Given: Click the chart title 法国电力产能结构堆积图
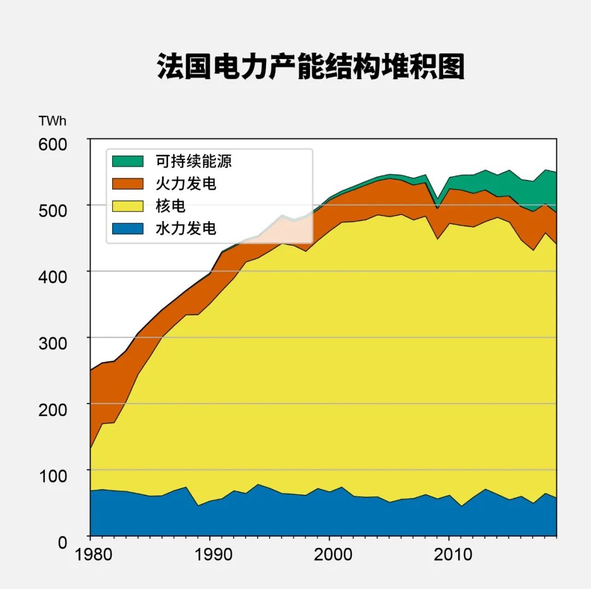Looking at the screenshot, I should pos(310,67).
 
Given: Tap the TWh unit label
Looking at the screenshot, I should pos(53,121).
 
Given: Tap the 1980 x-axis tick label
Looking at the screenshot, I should pos(90,554).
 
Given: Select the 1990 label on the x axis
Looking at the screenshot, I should pos(210,554).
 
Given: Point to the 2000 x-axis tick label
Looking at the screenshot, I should pos(329,554).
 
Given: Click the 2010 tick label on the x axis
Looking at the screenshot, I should pos(449,554).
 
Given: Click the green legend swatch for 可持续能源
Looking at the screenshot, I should pos(128,161).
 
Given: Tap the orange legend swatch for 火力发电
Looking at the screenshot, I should pos(128,184).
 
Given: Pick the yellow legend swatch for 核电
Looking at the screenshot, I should pos(128,206).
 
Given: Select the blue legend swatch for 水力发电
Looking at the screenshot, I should pos(128,228).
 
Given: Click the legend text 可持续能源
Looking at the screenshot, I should pos(194,161).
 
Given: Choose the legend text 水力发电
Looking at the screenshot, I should pos(186,228).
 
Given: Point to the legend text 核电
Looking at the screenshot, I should pos(171,206).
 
